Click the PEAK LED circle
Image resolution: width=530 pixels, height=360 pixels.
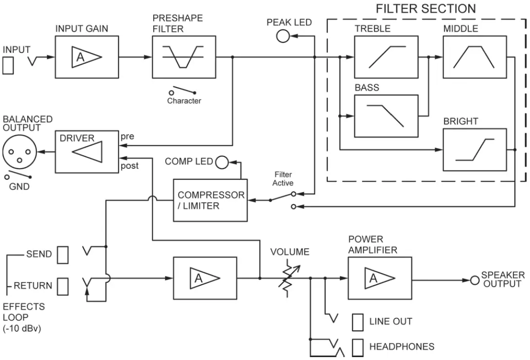pos(283,36)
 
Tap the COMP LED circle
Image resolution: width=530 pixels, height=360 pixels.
pos(222,162)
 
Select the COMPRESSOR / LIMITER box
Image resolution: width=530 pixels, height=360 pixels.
pos(210,200)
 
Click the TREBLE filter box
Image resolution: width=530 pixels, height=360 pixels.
pos(386,57)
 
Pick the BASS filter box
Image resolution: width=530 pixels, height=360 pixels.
pos(386,116)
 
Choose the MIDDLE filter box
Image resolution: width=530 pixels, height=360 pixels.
pos(475,57)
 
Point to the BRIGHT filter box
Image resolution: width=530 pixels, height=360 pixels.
pos(475,150)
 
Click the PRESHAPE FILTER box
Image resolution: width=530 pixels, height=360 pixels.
pos(184,57)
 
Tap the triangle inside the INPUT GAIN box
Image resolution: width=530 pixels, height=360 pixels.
pos(87,57)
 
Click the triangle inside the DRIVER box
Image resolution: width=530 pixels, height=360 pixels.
pos(87,152)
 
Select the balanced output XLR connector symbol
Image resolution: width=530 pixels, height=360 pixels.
pos(19,152)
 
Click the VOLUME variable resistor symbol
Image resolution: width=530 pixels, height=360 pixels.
pos(289,278)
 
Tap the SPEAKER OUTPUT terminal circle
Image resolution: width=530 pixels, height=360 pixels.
pos(475,280)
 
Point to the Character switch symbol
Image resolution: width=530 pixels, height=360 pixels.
pos(182,90)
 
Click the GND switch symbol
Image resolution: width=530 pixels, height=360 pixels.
pos(18,174)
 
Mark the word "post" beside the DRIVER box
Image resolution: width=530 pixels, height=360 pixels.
pos(130,166)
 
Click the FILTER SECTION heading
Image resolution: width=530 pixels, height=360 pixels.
pos(426,8)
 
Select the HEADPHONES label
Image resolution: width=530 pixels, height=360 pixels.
pos(402,346)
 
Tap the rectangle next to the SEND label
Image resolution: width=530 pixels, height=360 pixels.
pos(63,255)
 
